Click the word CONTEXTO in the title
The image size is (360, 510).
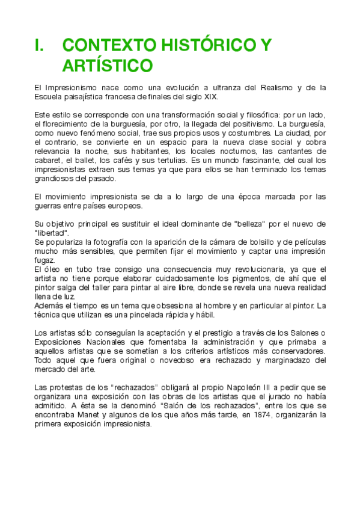coord(105,46)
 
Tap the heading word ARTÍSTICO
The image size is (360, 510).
coord(108,65)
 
